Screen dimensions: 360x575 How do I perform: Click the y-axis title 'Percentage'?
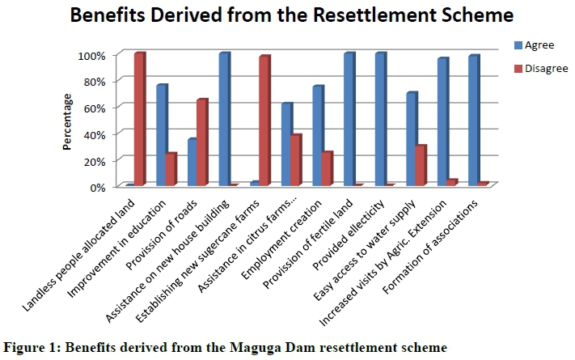69,121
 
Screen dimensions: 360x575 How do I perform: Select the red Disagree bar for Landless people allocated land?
139,120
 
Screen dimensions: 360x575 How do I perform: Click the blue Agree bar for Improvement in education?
161,135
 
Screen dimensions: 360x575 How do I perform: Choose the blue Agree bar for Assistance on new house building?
223,120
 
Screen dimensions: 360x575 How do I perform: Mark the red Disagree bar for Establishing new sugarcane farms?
264,121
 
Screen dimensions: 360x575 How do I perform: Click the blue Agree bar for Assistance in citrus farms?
285,145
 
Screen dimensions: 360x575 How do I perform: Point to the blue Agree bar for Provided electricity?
379,120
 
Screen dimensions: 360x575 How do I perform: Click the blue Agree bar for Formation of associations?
473,121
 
